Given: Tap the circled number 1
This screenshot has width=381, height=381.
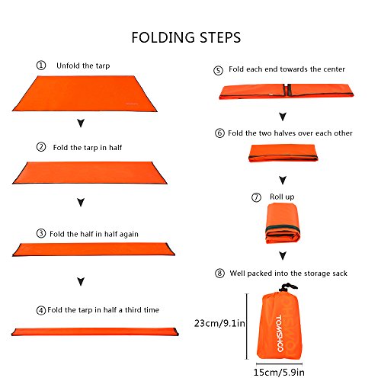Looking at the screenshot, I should pos(40,66).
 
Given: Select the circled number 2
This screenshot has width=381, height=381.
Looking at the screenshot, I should pos(40,146).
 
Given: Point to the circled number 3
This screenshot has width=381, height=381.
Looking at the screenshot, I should pos(40,233).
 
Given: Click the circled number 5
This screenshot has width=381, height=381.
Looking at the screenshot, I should pos(218,69).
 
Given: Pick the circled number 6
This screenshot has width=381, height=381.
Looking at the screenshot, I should pos(219,133).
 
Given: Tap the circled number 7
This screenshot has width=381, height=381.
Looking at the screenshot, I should pos(256,197).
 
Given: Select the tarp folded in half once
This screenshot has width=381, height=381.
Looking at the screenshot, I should pos(91,174).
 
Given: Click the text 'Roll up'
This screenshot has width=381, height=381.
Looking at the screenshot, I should pos(282,197).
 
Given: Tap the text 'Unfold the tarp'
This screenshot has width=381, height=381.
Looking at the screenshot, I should pos(83,66).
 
